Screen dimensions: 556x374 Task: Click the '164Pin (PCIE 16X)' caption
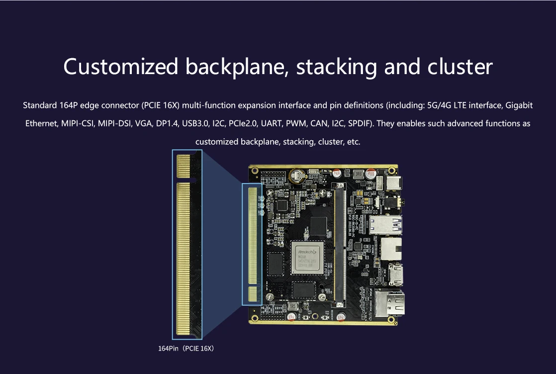coord(186,349)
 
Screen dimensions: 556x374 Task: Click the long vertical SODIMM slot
coord(340,244)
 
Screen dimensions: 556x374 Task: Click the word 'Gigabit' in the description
coord(519,105)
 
